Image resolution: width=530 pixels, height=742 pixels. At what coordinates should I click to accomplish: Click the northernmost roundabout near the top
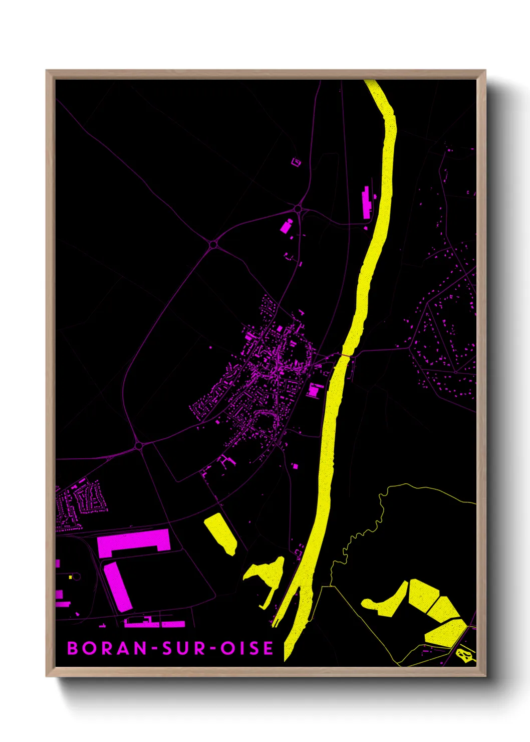coord(298,208)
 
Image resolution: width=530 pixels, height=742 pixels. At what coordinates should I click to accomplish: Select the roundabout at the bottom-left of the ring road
coord(139,445)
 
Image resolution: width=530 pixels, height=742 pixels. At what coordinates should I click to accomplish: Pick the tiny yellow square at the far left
coord(71,577)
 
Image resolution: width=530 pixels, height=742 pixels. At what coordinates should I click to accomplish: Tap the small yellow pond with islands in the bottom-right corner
coord(465,654)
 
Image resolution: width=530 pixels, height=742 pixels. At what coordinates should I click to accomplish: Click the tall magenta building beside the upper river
coord(367,202)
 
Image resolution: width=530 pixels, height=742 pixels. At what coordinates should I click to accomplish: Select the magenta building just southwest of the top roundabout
coord(286,226)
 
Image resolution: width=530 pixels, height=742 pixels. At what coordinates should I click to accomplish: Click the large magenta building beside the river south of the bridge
coord(315,390)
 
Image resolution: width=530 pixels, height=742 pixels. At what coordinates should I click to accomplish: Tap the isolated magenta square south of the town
coord(295,466)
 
